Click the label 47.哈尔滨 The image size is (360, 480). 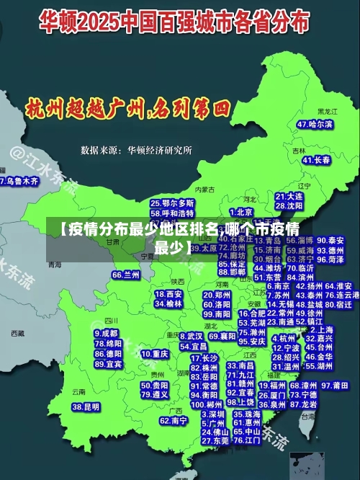(x=316, y=124)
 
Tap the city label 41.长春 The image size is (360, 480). (x=316, y=159)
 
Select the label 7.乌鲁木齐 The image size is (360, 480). (x=19, y=181)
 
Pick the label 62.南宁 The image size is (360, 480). (x=174, y=420)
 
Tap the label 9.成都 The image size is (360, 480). (x=106, y=334)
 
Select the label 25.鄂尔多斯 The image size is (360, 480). (x=172, y=204)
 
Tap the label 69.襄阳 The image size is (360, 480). (x=222, y=337)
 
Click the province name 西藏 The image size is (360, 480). (x=17, y=334)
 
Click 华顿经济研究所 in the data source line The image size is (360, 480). (x=159, y=151)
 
